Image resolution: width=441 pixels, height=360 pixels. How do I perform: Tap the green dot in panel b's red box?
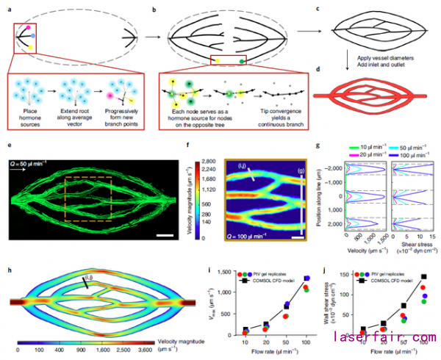[242, 61]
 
